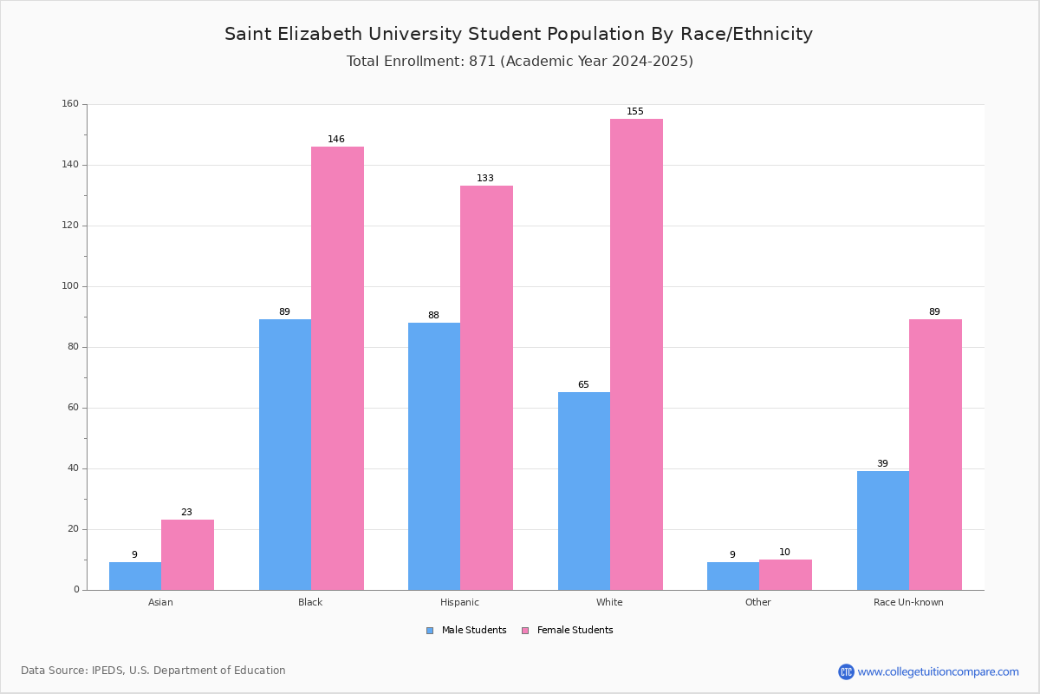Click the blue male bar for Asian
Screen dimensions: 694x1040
pyautogui.click(x=135, y=576)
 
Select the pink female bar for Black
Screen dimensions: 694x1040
pyautogui.click(x=337, y=368)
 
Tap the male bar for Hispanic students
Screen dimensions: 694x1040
pyautogui.click(x=434, y=456)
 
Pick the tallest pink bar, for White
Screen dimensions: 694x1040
pyautogui.click(x=636, y=354)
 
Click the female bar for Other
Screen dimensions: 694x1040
pyautogui.click(x=785, y=575)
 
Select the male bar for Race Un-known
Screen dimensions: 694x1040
pyautogui.click(x=883, y=530)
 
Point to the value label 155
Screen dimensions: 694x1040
pyautogui.click(x=635, y=112)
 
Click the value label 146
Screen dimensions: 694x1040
pyautogui.click(x=336, y=140)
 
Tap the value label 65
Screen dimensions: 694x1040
pyautogui.click(x=583, y=385)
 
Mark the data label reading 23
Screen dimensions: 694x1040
pyautogui.click(x=186, y=513)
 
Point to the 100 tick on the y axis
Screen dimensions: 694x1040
pyautogui.click(x=69, y=286)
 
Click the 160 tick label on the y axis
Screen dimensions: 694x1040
pyautogui.click(x=69, y=104)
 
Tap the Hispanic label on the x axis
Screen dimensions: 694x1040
pyautogui.click(x=459, y=602)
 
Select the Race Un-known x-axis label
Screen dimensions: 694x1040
pyautogui.click(x=908, y=602)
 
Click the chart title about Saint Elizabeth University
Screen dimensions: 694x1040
pyautogui.click(x=518, y=34)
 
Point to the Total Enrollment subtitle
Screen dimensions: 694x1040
pyautogui.click(x=519, y=62)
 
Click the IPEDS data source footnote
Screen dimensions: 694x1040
pyautogui.click(x=153, y=671)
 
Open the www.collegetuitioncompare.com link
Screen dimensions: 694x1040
pyautogui.click(x=938, y=671)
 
